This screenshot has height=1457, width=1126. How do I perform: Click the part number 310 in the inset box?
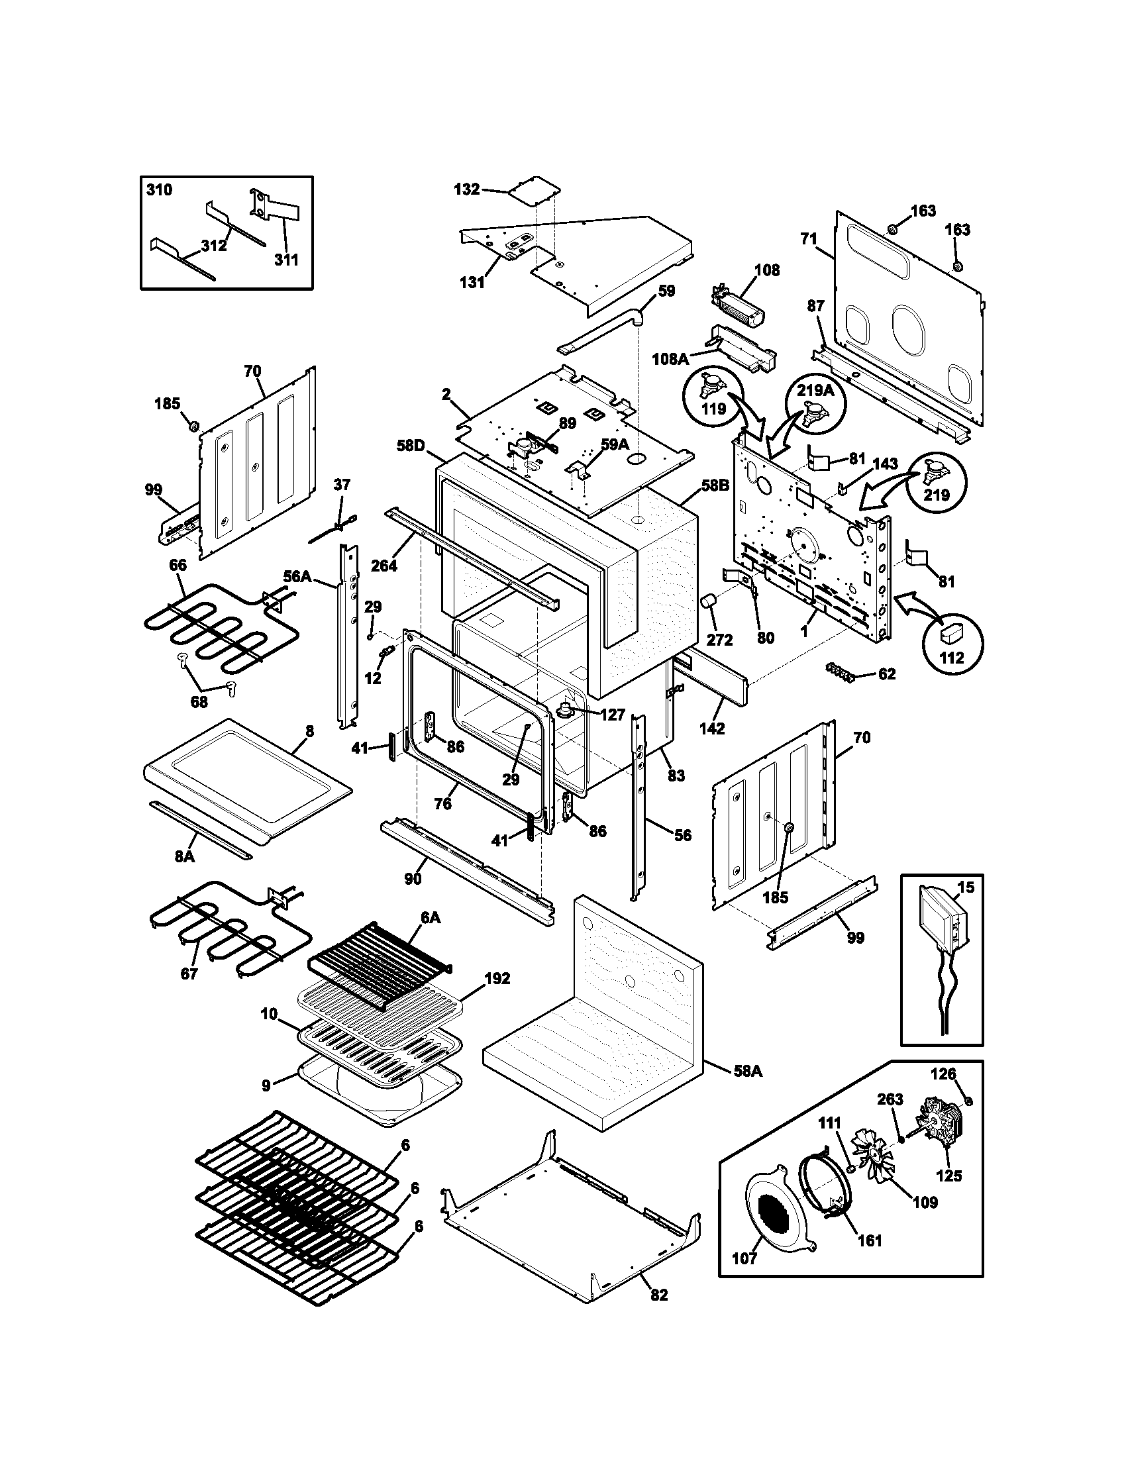pyautogui.click(x=159, y=190)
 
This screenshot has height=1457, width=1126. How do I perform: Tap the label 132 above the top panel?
pyautogui.click(x=466, y=189)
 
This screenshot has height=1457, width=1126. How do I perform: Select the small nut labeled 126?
pyautogui.click(x=968, y=1101)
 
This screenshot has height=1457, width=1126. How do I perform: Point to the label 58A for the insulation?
pyautogui.click(x=747, y=1071)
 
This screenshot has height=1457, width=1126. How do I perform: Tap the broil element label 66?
pyautogui.click(x=178, y=565)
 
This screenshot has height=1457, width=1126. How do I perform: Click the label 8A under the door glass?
pyautogui.click(x=185, y=856)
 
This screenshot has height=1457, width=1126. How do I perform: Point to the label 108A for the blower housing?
pyautogui.click(x=670, y=359)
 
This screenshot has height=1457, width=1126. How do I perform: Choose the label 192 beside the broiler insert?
pyautogui.click(x=497, y=979)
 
